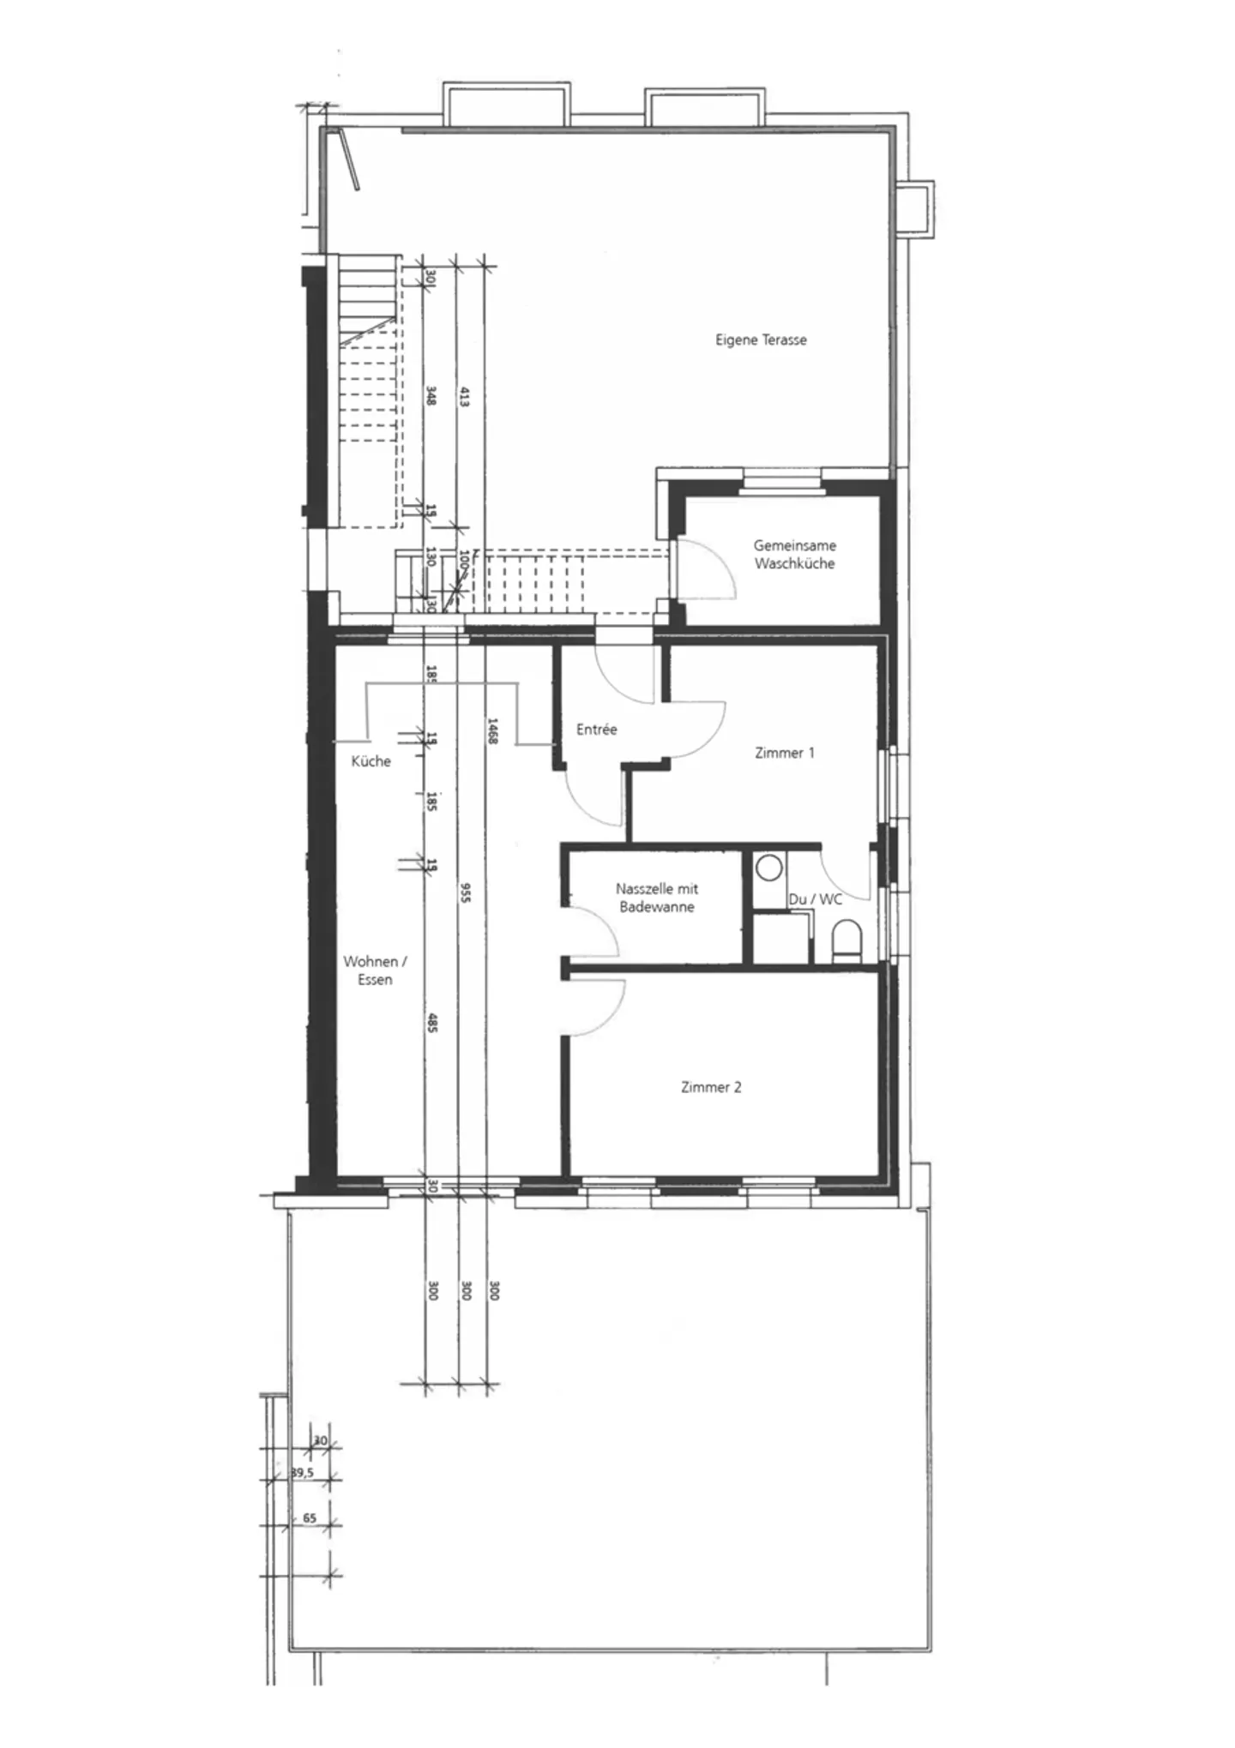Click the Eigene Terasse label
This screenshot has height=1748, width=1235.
point(761,339)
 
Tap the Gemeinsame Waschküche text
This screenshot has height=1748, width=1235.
point(794,554)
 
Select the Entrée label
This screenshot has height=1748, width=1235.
point(596,730)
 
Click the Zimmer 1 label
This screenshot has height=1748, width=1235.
point(784,753)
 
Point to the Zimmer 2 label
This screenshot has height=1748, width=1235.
point(710,1087)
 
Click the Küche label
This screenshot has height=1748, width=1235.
point(370,761)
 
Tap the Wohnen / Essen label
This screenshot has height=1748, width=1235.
point(375,970)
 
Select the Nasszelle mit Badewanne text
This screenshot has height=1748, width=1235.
point(656,898)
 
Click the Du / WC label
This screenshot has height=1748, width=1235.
point(815,899)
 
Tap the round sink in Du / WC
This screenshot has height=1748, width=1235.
point(769,868)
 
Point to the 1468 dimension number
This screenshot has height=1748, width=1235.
point(492,730)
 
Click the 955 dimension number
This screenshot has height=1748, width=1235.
point(464,892)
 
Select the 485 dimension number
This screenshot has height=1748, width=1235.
point(432,1022)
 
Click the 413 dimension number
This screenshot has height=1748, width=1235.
point(464,397)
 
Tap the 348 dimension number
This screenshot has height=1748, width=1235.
point(431,396)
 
